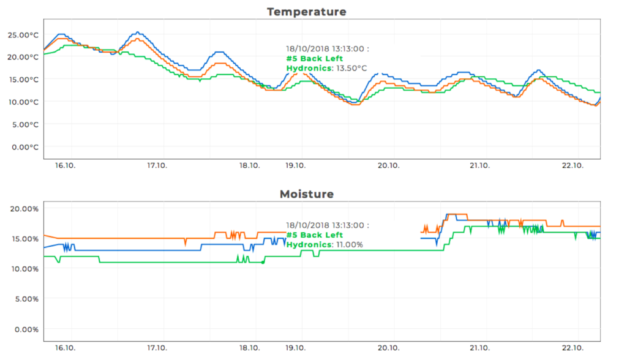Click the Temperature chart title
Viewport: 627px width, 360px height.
tap(306, 12)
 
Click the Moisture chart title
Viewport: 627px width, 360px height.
tap(306, 194)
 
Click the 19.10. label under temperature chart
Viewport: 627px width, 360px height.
tap(295, 165)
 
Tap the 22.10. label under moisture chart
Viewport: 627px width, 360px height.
tap(573, 348)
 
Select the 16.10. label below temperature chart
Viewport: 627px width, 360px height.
tap(66, 165)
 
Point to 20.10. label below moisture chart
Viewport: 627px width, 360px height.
tap(389, 348)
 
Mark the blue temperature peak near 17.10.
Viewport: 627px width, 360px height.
tap(137, 32)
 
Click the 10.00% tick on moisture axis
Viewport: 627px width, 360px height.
tap(24, 269)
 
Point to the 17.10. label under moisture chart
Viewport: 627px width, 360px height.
tap(157, 348)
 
